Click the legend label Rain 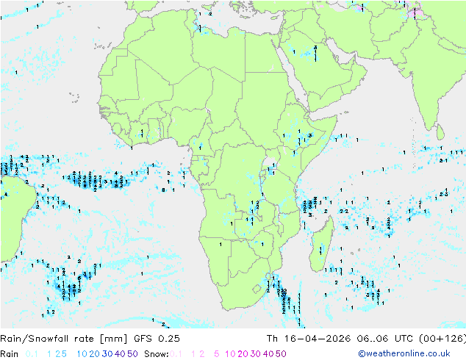[x=10, y=353]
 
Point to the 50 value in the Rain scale [x=132, y=353]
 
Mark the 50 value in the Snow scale [x=281, y=353]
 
